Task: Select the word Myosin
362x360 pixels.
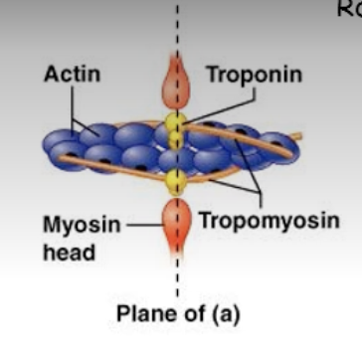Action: click(x=81, y=225)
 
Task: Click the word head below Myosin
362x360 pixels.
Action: click(x=69, y=253)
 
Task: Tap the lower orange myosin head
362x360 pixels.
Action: click(x=177, y=225)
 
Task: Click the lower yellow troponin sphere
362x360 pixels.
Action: click(x=176, y=181)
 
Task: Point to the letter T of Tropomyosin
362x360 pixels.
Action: click(x=204, y=219)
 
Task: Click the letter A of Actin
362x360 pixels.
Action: click(x=51, y=75)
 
